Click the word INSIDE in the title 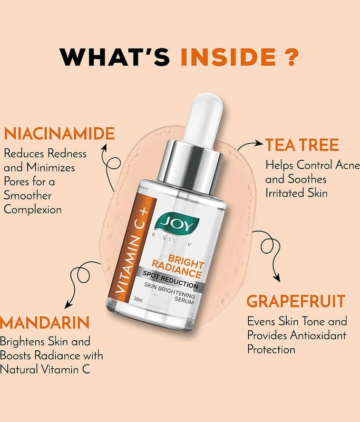coord(228,57)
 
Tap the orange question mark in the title coord(291,57)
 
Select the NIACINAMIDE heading coord(60,133)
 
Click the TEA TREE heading coord(302,145)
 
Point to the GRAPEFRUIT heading coord(296,301)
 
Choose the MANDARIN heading coord(44,322)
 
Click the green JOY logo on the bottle coord(178,222)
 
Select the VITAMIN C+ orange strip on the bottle coord(132,248)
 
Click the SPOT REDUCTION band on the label coord(170,280)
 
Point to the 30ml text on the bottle coord(138,299)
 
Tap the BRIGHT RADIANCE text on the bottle coord(178,266)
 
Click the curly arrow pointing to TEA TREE coord(249,146)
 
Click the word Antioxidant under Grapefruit coord(318,335)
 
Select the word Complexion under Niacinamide coord(33,209)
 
